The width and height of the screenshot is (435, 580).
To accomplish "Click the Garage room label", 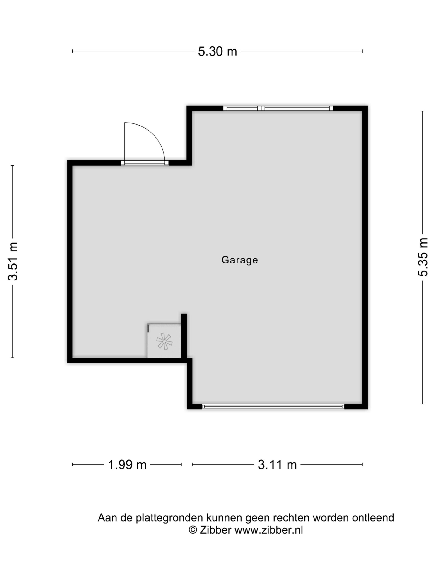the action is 240,260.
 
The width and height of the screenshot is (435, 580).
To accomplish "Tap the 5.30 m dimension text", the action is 217,51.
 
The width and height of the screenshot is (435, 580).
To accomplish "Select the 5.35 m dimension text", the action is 423,257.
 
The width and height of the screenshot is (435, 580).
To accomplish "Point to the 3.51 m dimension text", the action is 13,261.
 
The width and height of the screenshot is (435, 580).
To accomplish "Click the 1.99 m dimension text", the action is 127,465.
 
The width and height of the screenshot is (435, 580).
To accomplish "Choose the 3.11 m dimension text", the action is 277,465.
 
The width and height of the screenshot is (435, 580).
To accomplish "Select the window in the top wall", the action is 278,108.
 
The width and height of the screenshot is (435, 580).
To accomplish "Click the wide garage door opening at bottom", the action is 273,407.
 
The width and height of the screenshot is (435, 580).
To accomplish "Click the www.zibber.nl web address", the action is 268,530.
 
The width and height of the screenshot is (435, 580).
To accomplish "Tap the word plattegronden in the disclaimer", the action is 169,518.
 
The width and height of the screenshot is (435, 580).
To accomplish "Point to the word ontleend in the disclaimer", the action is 373,518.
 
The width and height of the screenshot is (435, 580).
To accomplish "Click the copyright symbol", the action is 193,530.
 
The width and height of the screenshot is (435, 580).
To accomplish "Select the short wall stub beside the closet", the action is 184,336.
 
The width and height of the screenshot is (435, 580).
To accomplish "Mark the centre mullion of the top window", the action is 261,108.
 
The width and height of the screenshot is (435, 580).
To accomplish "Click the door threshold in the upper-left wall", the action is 145,163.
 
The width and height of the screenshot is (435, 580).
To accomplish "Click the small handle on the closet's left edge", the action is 148,328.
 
